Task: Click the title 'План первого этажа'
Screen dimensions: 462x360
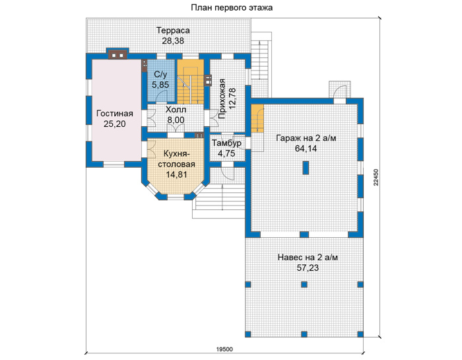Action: click(232, 8)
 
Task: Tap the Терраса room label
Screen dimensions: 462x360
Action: click(173, 30)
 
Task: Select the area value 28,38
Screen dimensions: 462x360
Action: click(173, 41)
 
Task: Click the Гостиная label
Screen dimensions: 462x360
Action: click(115, 114)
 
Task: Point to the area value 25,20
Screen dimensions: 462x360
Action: click(115, 124)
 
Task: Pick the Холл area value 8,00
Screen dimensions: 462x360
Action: click(176, 120)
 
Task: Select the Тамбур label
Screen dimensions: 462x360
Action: click(226, 143)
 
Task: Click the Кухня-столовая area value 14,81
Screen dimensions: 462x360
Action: click(176, 174)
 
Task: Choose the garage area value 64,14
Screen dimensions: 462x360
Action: click(306, 149)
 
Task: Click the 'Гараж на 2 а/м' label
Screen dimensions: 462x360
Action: click(306, 138)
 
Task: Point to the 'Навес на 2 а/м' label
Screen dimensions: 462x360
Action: click(308, 258)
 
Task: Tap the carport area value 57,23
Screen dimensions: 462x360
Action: click(308, 268)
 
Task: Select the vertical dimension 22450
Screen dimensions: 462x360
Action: click(376, 177)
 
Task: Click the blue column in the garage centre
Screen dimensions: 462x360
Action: click(306, 168)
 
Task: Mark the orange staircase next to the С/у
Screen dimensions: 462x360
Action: click(190, 81)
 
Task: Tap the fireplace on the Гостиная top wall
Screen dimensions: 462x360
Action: click(117, 54)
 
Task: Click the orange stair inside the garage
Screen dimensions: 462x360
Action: click(257, 118)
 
